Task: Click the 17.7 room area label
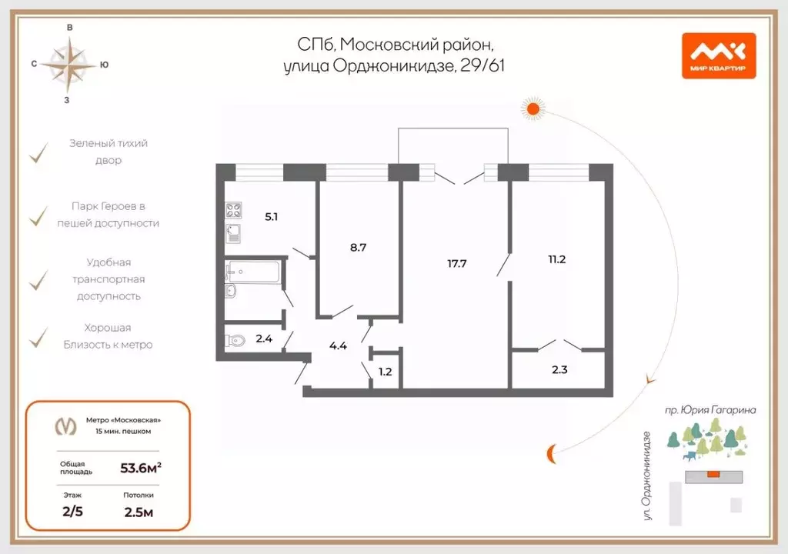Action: coord(457,263)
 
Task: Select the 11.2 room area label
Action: coord(557,259)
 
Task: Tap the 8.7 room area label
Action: coord(358,247)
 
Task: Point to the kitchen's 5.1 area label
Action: coord(272,217)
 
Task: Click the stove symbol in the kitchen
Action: coord(233,210)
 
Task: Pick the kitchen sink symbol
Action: coord(233,234)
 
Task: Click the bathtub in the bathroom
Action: coord(252,272)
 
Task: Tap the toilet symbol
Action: coord(235,340)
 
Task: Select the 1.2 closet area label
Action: coord(385,372)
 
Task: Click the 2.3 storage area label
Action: coord(559,370)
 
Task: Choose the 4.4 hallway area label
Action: coord(339,346)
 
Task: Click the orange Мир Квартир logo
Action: coord(719,56)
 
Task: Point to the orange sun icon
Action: coord(533,108)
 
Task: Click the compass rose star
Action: coord(68,65)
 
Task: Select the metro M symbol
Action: coord(66,426)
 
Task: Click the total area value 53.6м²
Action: coord(141,468)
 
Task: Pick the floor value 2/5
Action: coord(73,512)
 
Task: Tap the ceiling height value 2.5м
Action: coord(139,512)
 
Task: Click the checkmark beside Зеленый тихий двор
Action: coord(38,153)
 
